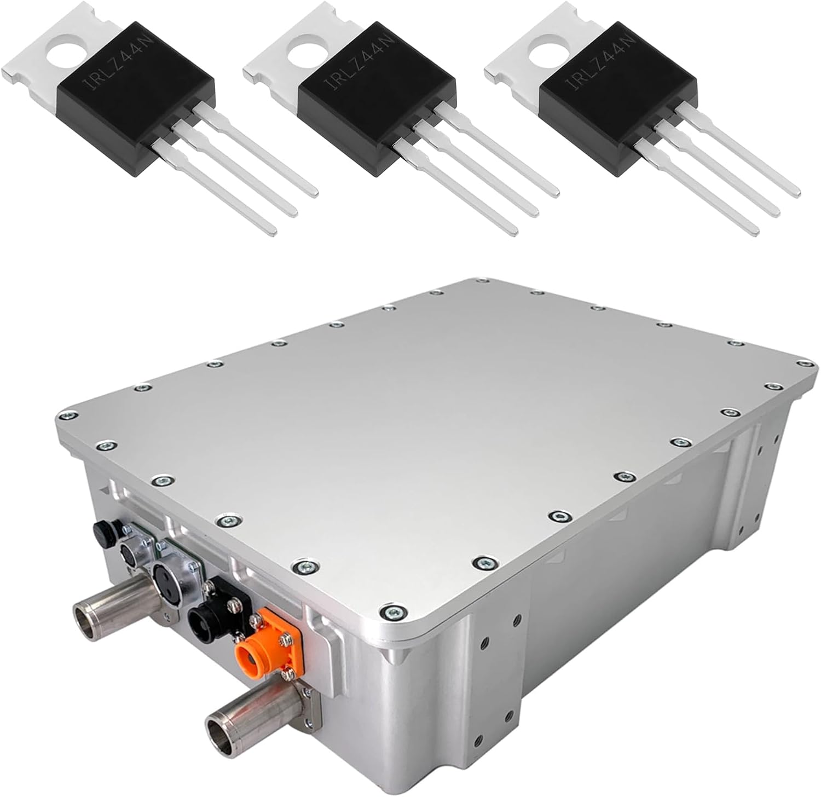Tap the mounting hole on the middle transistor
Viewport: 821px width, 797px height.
pyautogui.click(x=309, y=54)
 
